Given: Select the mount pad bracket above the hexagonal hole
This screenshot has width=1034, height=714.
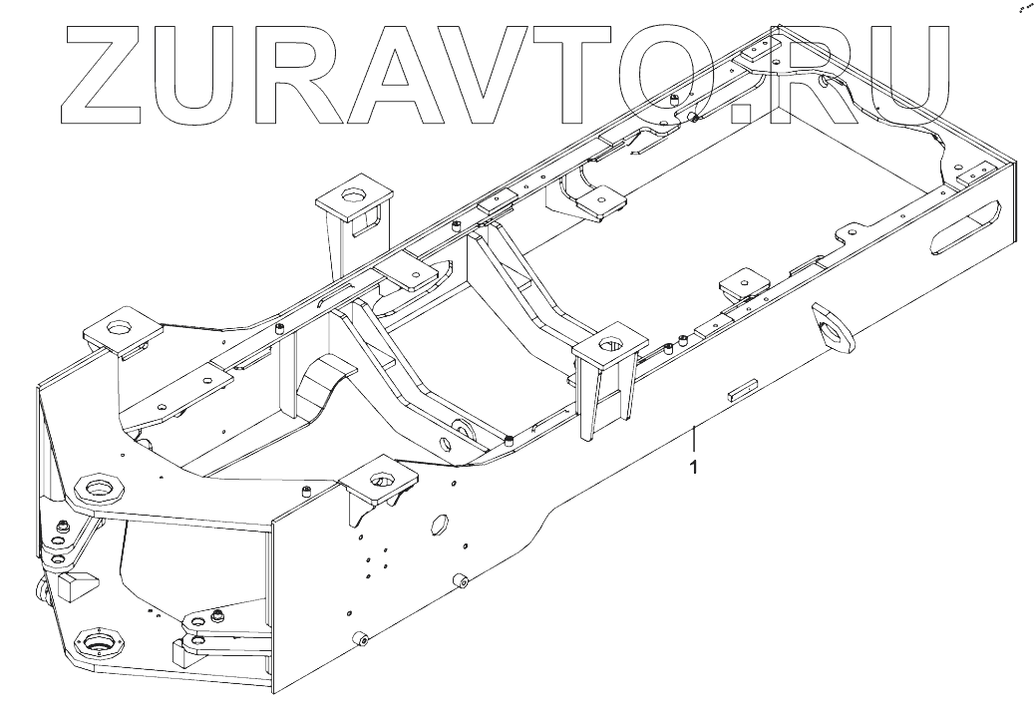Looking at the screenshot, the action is (x=378, y=483).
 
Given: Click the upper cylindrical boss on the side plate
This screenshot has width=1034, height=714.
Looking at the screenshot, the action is (x=461, y=579).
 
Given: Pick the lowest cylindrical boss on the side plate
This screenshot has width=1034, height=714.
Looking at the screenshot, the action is (x=362, y=639).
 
